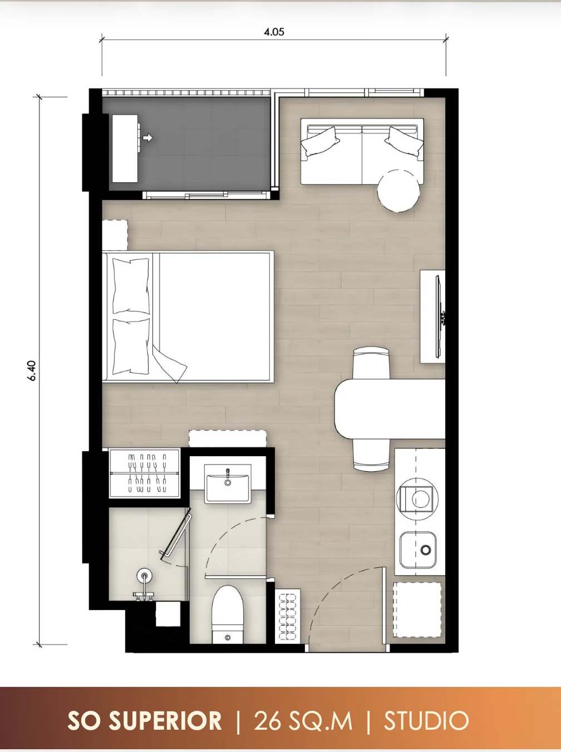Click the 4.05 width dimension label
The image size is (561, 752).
point(274,32)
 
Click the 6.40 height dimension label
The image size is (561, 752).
point(32,370)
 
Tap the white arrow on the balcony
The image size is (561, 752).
point(147,138)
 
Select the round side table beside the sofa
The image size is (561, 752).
point(398,191)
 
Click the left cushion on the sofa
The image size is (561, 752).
point(320,141)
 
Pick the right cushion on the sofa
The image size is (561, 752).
point(404,141)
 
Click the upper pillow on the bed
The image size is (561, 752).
point(131,286)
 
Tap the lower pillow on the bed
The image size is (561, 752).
point(131,346)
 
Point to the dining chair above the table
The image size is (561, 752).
point(371,363)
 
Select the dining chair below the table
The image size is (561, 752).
point(371,455)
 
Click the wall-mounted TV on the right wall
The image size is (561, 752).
point(439,316)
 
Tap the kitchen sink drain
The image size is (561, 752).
point(426,550)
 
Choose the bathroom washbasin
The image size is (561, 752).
point(228,484)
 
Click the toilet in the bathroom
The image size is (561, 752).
point(228,614)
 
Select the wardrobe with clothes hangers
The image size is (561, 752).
point(144,473)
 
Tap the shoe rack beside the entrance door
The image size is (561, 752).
point(288,616)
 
